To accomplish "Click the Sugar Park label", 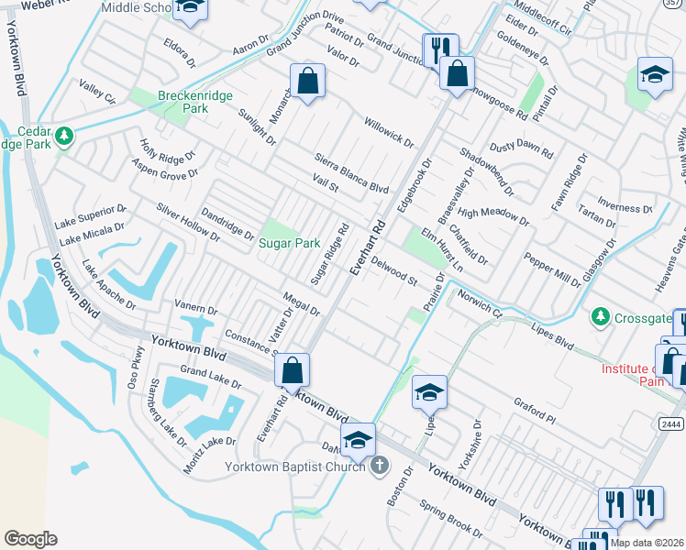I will [x=289, y=243].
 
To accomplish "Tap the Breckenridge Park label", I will [x=194, y=102].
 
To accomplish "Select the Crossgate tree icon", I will [x=601, y=316].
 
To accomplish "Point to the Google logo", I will [x=30, y=538].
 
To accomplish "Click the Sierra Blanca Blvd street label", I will [x=351, y=170].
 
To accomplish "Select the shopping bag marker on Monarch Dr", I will [x=307, y=81].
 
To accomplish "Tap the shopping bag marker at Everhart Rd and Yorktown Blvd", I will [x=292, y=370].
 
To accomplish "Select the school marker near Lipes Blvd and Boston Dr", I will [x=428, y=392].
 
